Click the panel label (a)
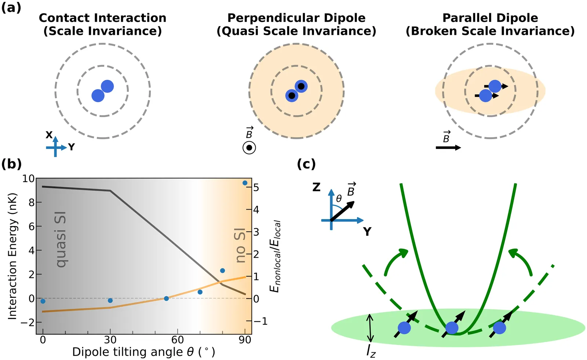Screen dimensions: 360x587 (x=11, y=7)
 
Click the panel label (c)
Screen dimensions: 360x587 (x=306, y=164)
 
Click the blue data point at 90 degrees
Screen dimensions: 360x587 (x=245, y=183)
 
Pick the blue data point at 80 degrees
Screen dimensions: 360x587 (x=222, y=271)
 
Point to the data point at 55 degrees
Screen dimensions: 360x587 (x=166, y=298)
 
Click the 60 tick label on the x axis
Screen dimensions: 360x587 (x=178, y=340)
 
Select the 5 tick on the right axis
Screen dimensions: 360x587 (x=256, y=188)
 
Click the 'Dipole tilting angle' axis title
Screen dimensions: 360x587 (x=143, y=352)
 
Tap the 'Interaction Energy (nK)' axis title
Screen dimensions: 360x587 (x=12, y=256)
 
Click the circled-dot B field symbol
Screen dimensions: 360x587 (x=249, y=148)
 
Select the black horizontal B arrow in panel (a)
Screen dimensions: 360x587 (x=448, y=148)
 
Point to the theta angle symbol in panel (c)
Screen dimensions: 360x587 (x=339, y=199)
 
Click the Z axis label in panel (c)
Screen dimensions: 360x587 (x=316, y=188)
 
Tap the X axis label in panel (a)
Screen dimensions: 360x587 (x=49, y=135)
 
